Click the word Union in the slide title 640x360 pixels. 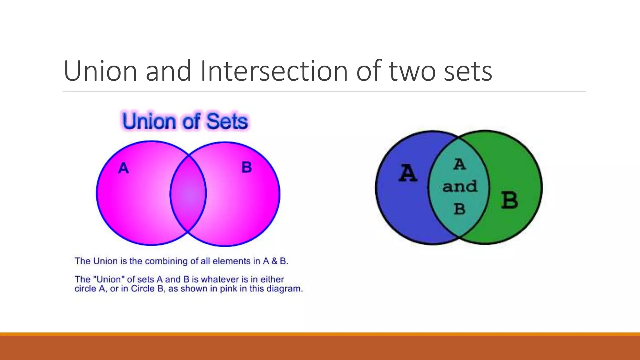tap(100, 71)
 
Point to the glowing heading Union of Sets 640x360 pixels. tap(185, 121)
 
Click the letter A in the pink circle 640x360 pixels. tap(123, 168)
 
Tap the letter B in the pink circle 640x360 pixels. tap(247, 167)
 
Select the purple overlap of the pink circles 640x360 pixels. tap(188, 194)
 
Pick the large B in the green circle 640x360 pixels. tap(510, 200)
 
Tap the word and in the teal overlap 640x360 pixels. tap(460, 187)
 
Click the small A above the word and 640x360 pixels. tap(459, 165)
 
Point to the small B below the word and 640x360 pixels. tap(459, 209)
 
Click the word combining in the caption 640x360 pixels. tap(166, 261)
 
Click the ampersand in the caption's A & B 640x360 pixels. tap(274, 261)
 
